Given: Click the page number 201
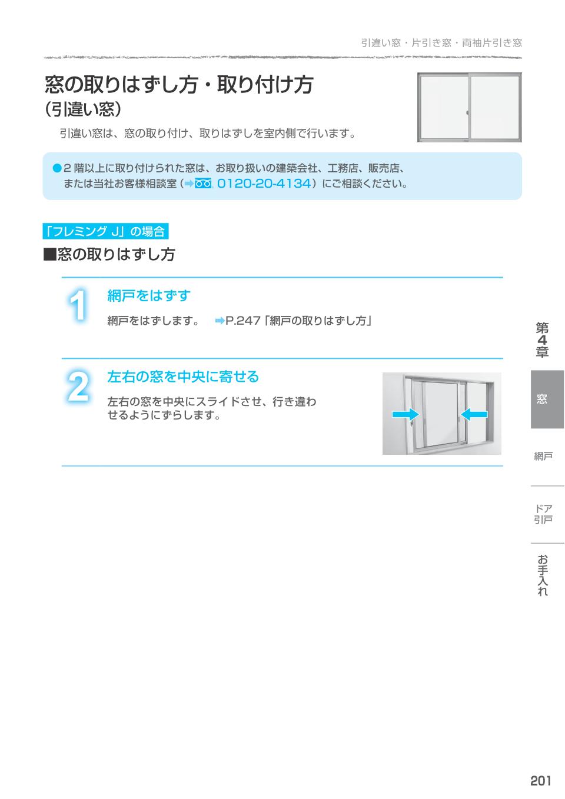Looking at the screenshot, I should (540, 780).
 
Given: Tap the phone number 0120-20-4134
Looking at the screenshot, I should (264, 184).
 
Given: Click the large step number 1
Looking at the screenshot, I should (78, 306).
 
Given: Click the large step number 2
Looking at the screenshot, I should (78, 387).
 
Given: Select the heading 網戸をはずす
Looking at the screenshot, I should (149, 295).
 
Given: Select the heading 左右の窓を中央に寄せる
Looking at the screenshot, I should (183, 377).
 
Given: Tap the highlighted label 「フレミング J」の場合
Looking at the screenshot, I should (106, 232).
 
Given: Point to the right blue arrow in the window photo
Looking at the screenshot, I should (474, 415).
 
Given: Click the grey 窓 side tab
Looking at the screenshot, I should (542, 399).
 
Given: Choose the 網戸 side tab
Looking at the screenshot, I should (543, 456).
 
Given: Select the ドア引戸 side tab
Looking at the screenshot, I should (543, 514).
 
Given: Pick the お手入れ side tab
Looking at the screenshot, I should (543, 575).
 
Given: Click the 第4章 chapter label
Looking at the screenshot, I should (542, 340).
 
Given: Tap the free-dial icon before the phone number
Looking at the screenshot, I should (203, 184).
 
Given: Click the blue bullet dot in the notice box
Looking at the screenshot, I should (57, 168).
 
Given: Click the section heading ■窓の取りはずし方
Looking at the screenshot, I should (109, 255).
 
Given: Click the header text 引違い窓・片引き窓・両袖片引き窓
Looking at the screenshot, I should (441, 43).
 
